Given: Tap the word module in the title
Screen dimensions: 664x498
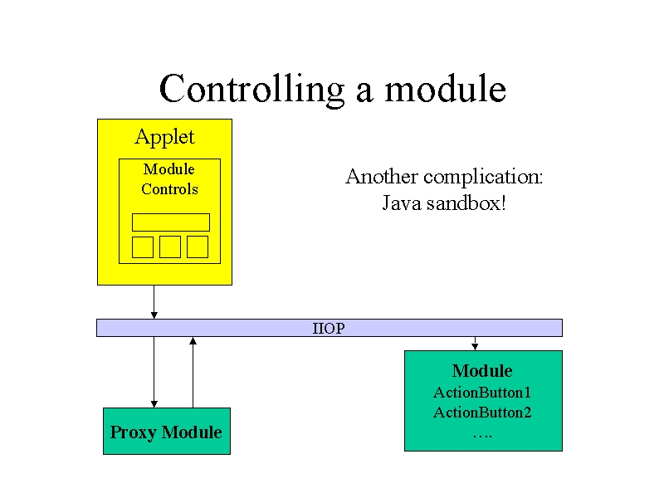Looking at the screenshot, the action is pyautogui.click(x=445, y=88).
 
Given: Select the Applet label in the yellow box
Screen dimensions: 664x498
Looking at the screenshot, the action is pyautogui.click(x=164, y=137).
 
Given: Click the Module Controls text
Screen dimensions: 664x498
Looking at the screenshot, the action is pyautogui.click(x=169, y=179).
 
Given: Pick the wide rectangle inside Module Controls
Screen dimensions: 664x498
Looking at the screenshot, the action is pyautogui.click(x=171, y=222).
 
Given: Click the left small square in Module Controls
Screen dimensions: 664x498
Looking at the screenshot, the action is pyautogui.click(x=143, y=247).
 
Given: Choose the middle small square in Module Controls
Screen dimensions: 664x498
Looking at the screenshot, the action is pyautogui.click(x=170, y=247).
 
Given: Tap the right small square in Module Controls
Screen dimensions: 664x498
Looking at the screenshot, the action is pyautogui.click(x=198, y=247).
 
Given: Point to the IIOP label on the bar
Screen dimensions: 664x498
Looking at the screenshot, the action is pyautogui.click(x=329, y=328).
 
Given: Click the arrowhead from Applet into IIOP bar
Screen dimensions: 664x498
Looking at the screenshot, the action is pyautogui.click(x=154, y=315).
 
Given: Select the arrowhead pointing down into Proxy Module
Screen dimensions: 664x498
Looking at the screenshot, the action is pyautogui.click(x=154, y=404).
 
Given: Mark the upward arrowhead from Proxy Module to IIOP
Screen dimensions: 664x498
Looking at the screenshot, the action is pyautogui.click(x=193, y=340).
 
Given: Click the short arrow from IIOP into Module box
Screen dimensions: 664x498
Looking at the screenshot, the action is pyautogui.click(x=475, y=344).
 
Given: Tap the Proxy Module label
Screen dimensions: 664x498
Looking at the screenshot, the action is pyautogui.click(x=166, y=432).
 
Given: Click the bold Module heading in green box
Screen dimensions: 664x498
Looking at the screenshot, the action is pyautogui.click(x=482, y=371).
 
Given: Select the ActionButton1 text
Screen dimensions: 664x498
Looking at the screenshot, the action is pyautogui.click(x=482, y=393).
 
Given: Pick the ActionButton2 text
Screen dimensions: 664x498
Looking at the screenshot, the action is pyautogui.click(x=482, y=413).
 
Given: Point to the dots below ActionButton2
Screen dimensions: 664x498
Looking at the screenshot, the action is pyautogui.click(x=482, y=436).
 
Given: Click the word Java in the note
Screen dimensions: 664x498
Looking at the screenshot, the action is pyautogui.click(x=402, y=203).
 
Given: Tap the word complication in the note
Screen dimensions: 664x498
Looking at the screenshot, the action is pyautogui.click(x=483, y=177).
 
